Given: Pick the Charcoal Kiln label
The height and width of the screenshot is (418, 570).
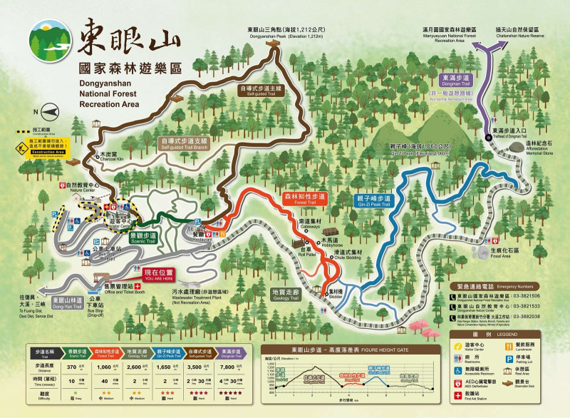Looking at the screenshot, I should [108, 155].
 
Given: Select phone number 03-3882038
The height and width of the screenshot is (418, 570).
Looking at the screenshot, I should [522, 317].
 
